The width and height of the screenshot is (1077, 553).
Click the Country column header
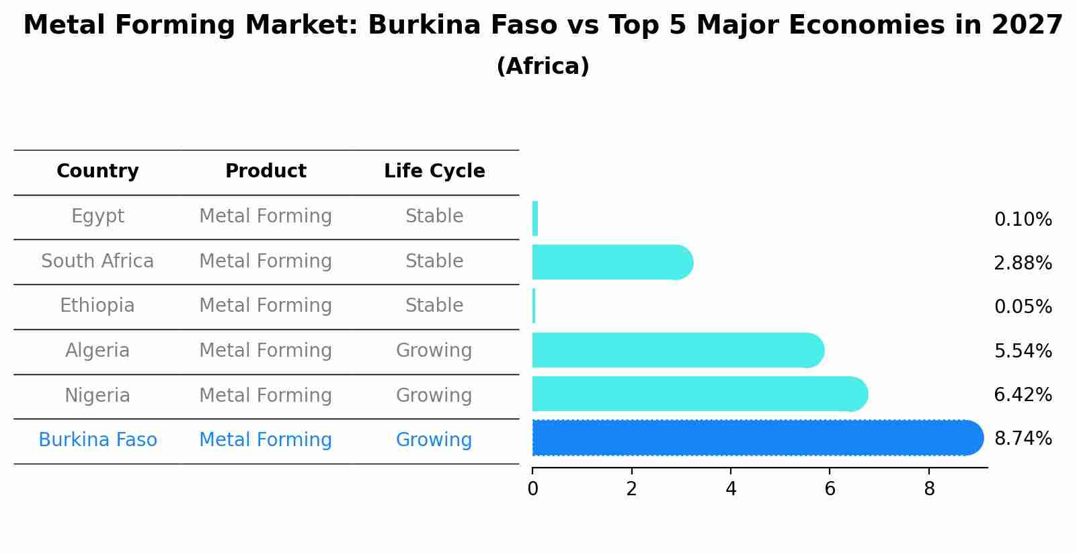click(x=97, y=171)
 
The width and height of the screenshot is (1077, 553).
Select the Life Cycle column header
click(x=434, y=171)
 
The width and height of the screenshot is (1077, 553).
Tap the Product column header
click(x=266, y=171)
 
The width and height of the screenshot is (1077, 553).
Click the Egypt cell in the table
click(x=97, y=216)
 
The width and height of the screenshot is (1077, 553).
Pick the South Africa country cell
click(x=97, y=261)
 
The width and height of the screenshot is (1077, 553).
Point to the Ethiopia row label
click(x=97, y=306)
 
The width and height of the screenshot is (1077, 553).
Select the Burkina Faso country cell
click(x=97, y=440)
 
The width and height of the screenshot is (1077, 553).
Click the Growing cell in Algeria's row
click(x=434, y=351)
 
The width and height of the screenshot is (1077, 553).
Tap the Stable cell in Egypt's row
click(x=434, y=216)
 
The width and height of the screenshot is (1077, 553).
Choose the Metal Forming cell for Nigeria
click(x=266, y=396)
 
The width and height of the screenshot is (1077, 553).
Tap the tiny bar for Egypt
click(x=535, y=218)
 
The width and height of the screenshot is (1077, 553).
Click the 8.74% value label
click(x=1023, y=439)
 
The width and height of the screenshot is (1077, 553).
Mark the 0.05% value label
click(x=1023, y=307)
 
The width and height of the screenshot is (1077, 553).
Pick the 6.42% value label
click(x=1023, y=395)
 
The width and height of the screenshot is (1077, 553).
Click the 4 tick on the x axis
click(x=731, y=489)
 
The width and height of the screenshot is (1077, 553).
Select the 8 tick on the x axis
click(x=929, y=489)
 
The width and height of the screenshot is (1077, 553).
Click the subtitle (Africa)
click(x=543, y=67)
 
